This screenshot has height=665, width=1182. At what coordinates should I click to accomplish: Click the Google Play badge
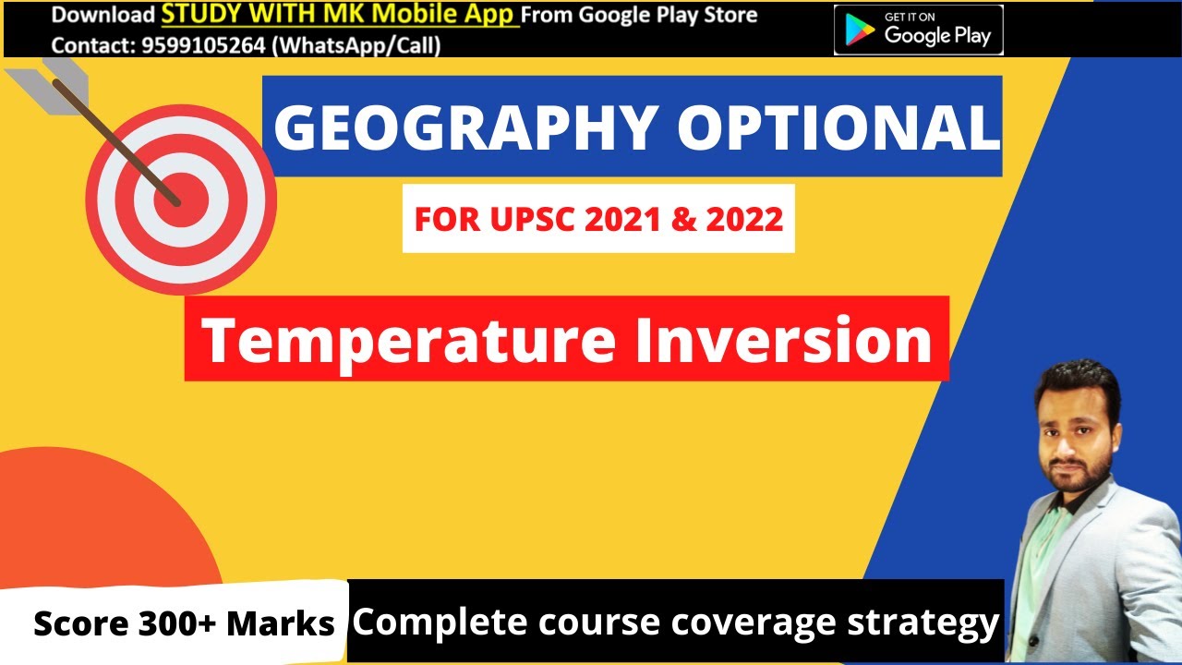[918, 30]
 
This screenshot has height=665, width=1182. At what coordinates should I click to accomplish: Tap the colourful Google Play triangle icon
[860, 30]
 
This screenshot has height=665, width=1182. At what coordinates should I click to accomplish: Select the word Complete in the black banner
[425, 623]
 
